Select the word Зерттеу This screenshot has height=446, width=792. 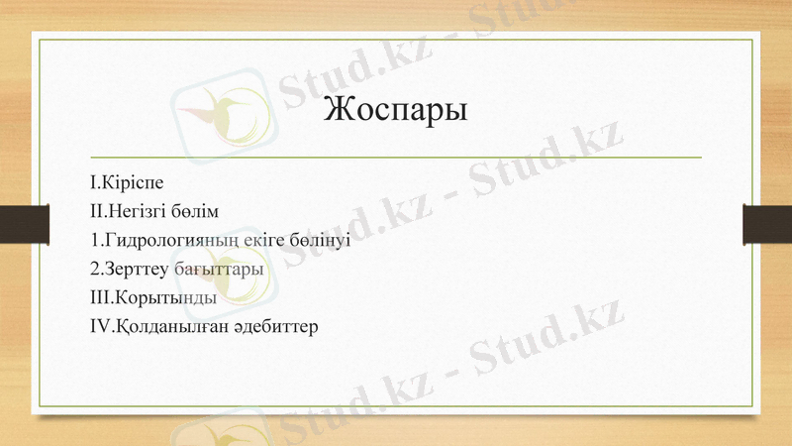pos(137,269)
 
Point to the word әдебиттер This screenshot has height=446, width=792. pos(273,325)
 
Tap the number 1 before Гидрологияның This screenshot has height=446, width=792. pos(93,240)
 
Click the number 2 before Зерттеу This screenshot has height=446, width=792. pos(93,269)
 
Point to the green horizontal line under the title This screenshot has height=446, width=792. pos(395,158)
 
